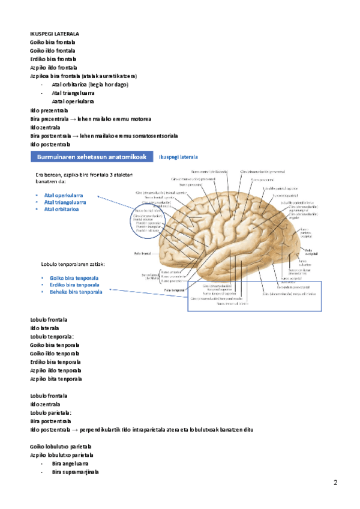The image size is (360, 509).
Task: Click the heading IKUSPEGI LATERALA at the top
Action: point(55,34)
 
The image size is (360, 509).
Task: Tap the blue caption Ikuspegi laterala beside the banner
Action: point(178,157)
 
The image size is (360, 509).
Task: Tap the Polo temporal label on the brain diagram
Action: point(173,289)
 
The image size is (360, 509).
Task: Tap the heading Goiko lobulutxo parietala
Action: point(61,447)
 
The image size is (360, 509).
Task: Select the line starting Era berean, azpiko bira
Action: point(88,174)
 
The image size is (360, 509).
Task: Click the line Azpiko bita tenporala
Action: point(56,379)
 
